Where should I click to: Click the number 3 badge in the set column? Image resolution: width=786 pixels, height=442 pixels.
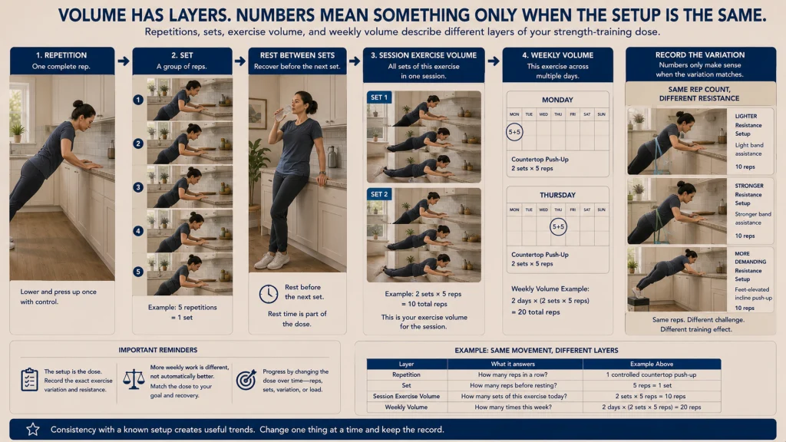(138, 187)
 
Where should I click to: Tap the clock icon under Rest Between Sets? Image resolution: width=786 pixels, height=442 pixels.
(268, 294)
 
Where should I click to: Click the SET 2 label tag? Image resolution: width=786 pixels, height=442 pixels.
(379, 194)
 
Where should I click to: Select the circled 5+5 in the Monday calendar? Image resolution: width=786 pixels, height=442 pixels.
(514, 132)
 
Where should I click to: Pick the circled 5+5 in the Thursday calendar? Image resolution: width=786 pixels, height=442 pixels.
(558, 226)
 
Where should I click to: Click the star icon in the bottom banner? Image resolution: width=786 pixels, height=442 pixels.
(33, 430)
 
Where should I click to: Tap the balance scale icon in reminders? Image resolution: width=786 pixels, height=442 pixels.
(134, 379)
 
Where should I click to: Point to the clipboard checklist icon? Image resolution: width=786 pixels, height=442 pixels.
(30, 379)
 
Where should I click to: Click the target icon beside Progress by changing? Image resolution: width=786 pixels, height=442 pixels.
(246, 380)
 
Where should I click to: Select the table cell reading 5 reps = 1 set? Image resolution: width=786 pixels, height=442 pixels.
(652, 385)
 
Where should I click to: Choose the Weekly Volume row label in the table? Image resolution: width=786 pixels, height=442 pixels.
(406, 407)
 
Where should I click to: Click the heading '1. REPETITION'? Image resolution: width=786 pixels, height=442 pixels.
(61, 55)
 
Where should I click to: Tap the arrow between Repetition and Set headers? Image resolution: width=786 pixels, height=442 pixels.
(124, 61)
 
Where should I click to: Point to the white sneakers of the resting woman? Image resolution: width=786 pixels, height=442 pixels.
(272, 261)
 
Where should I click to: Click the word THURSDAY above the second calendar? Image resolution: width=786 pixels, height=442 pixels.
(557, 195)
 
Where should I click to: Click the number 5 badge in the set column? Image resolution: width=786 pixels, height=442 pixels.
(138, 272)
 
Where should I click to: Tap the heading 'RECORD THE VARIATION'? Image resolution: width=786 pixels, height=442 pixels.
(700, 54)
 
